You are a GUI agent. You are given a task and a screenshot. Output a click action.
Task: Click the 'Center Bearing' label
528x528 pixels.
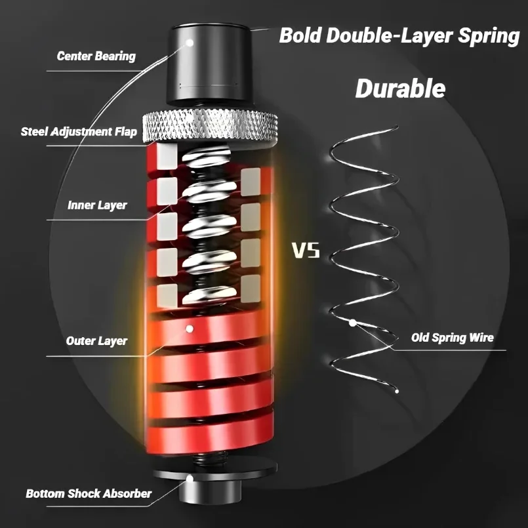click(96, 56)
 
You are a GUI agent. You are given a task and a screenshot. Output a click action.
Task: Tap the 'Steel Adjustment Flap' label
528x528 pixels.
click(79, 132)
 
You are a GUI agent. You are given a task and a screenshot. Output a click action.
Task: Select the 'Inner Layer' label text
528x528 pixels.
click(97, 205)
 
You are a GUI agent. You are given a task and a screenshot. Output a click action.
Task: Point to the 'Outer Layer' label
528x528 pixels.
click(96, 341)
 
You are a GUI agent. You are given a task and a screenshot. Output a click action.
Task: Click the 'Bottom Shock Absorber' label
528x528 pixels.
click(89, 493)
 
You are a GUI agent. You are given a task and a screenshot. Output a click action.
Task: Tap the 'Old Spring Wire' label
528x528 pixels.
click(452, 338)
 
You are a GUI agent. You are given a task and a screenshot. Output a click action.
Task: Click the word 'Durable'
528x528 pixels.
click(400, 89)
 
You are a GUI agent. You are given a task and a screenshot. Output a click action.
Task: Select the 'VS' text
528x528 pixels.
click(306, 251)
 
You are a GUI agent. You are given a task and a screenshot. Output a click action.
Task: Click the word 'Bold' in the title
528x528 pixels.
click(301, 36)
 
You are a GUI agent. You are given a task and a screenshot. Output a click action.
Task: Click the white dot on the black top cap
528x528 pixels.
click(190, 41)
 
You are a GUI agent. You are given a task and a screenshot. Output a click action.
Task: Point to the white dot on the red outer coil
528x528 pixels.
click(189, 327)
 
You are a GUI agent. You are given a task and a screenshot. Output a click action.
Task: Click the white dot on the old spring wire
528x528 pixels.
click(353, 322)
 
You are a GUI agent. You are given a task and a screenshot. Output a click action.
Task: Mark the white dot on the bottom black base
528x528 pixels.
click(190, 478)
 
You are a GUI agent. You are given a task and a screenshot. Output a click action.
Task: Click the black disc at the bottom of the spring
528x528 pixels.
click(210, 471)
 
